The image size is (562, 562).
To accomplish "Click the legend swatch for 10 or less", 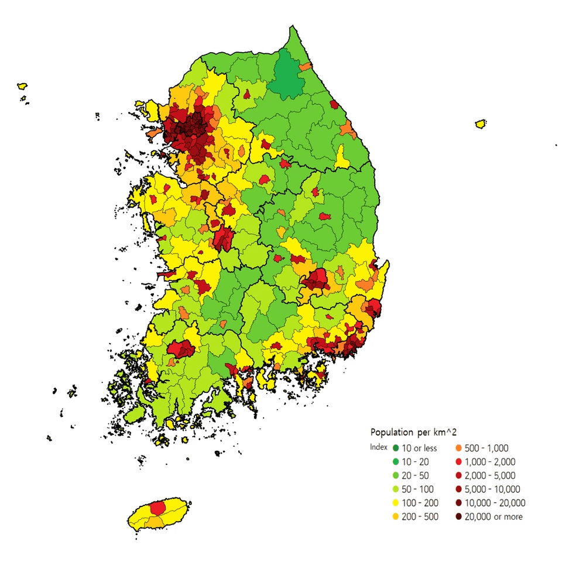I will click(396, 448).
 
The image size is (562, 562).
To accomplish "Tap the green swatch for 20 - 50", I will click(396, 475).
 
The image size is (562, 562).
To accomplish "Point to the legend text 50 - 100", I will click(419, 489).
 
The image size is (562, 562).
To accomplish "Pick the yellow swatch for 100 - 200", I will click(396, 503).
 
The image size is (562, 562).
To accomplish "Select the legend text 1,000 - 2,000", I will click(489, 462).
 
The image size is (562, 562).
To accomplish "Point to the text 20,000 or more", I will click(494, 516).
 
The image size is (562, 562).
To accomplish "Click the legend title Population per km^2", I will click(413, 433).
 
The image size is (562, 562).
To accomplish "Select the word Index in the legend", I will click(379, 447).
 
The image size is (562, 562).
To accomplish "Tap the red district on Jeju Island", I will click(158, 507).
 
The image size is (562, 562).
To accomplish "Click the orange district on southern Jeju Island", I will click(156, 521).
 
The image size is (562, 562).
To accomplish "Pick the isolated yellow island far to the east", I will click(481, 124).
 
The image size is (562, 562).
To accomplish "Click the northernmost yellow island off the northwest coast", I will click(23, 86).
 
